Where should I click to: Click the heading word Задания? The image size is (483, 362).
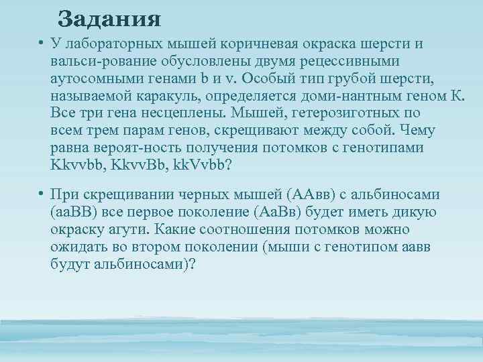click(109, 18)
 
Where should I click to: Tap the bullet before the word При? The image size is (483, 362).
click(41, 195)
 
